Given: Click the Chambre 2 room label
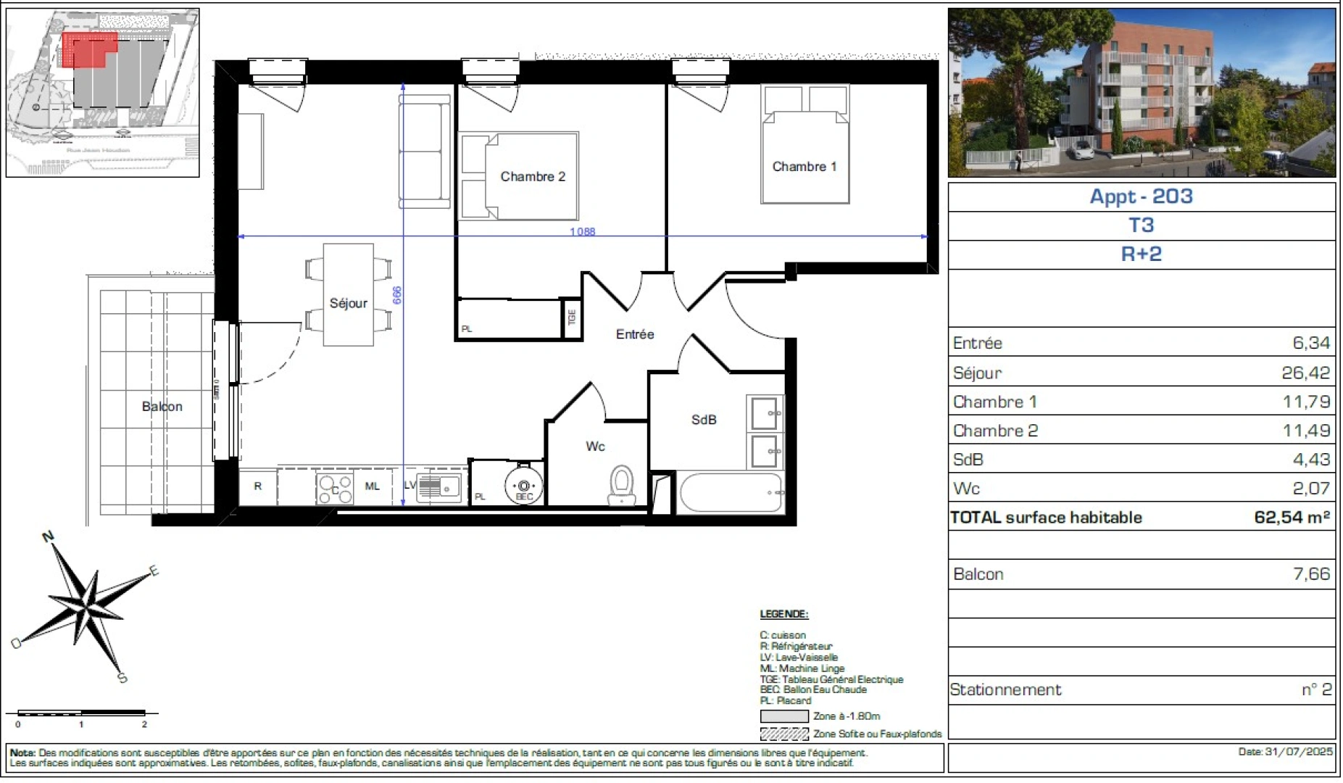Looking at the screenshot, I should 533,177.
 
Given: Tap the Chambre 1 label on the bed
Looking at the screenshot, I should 804,167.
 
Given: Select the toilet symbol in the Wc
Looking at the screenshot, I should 621,484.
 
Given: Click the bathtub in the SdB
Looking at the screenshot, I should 731,493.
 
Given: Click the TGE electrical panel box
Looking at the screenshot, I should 572,318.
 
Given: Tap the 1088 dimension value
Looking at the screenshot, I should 582,232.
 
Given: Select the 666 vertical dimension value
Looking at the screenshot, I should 397,295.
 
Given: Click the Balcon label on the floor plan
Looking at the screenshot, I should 162,407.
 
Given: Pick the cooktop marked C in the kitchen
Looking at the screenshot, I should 335,489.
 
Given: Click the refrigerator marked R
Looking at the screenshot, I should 257,486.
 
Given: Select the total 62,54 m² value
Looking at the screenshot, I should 1292,517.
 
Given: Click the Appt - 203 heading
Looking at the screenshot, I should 1141,196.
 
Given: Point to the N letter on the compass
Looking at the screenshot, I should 49,536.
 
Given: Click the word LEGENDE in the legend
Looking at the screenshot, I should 783,614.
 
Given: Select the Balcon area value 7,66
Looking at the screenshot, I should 1311,574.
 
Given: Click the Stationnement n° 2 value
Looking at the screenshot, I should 1316,689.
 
